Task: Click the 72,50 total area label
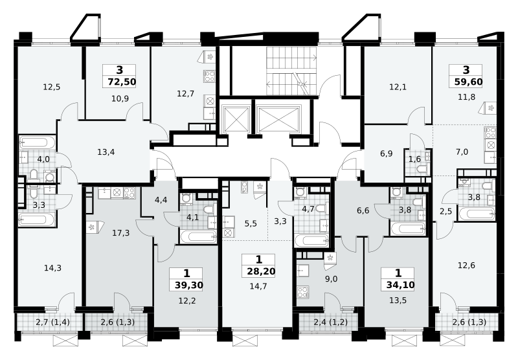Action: [122, 82]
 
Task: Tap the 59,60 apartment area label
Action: [468, 82]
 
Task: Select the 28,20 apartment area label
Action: [261, 271]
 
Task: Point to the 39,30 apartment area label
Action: [188, 285]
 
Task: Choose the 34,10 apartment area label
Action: [400, 285]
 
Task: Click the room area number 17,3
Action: [120, 233]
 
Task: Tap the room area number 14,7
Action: [258, 286]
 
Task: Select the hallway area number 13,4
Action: [106, 152]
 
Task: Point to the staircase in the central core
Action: [291, 71]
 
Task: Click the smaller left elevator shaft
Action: [236, 119]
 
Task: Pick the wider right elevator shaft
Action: [279, 119]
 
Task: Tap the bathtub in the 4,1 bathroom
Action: [198, 236]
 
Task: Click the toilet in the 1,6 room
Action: [422, 170]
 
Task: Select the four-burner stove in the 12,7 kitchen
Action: [209, 76]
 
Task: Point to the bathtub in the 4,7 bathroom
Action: [311, 241]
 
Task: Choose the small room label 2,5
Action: [445, 211]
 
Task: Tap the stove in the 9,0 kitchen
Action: [302, 292]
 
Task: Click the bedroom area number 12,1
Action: [398, 87]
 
